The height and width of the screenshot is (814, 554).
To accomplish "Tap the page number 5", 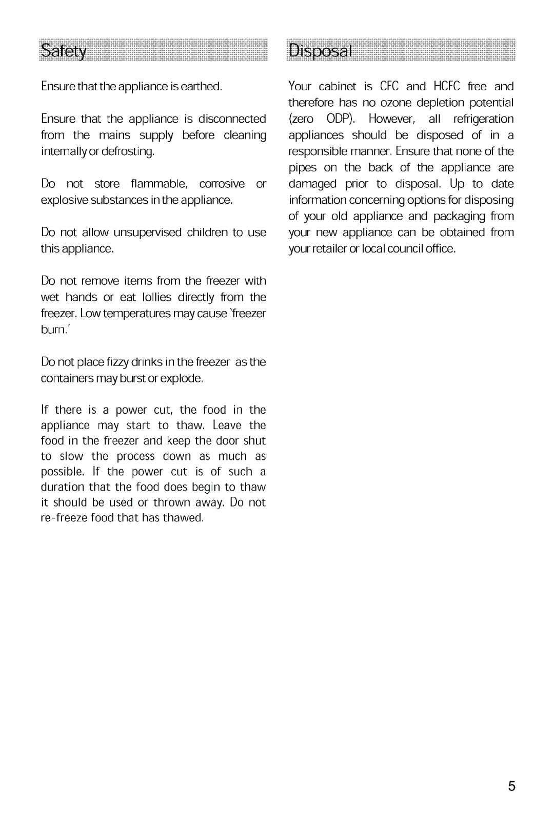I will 511,787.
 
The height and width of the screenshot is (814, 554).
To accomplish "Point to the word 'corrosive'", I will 222,184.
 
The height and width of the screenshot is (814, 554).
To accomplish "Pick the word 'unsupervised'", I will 147,232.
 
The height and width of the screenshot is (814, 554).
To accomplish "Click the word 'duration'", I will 63,487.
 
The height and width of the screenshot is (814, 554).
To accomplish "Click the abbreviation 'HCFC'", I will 447,86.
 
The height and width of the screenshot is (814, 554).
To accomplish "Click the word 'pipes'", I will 303,168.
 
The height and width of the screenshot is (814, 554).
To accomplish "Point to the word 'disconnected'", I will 232,119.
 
